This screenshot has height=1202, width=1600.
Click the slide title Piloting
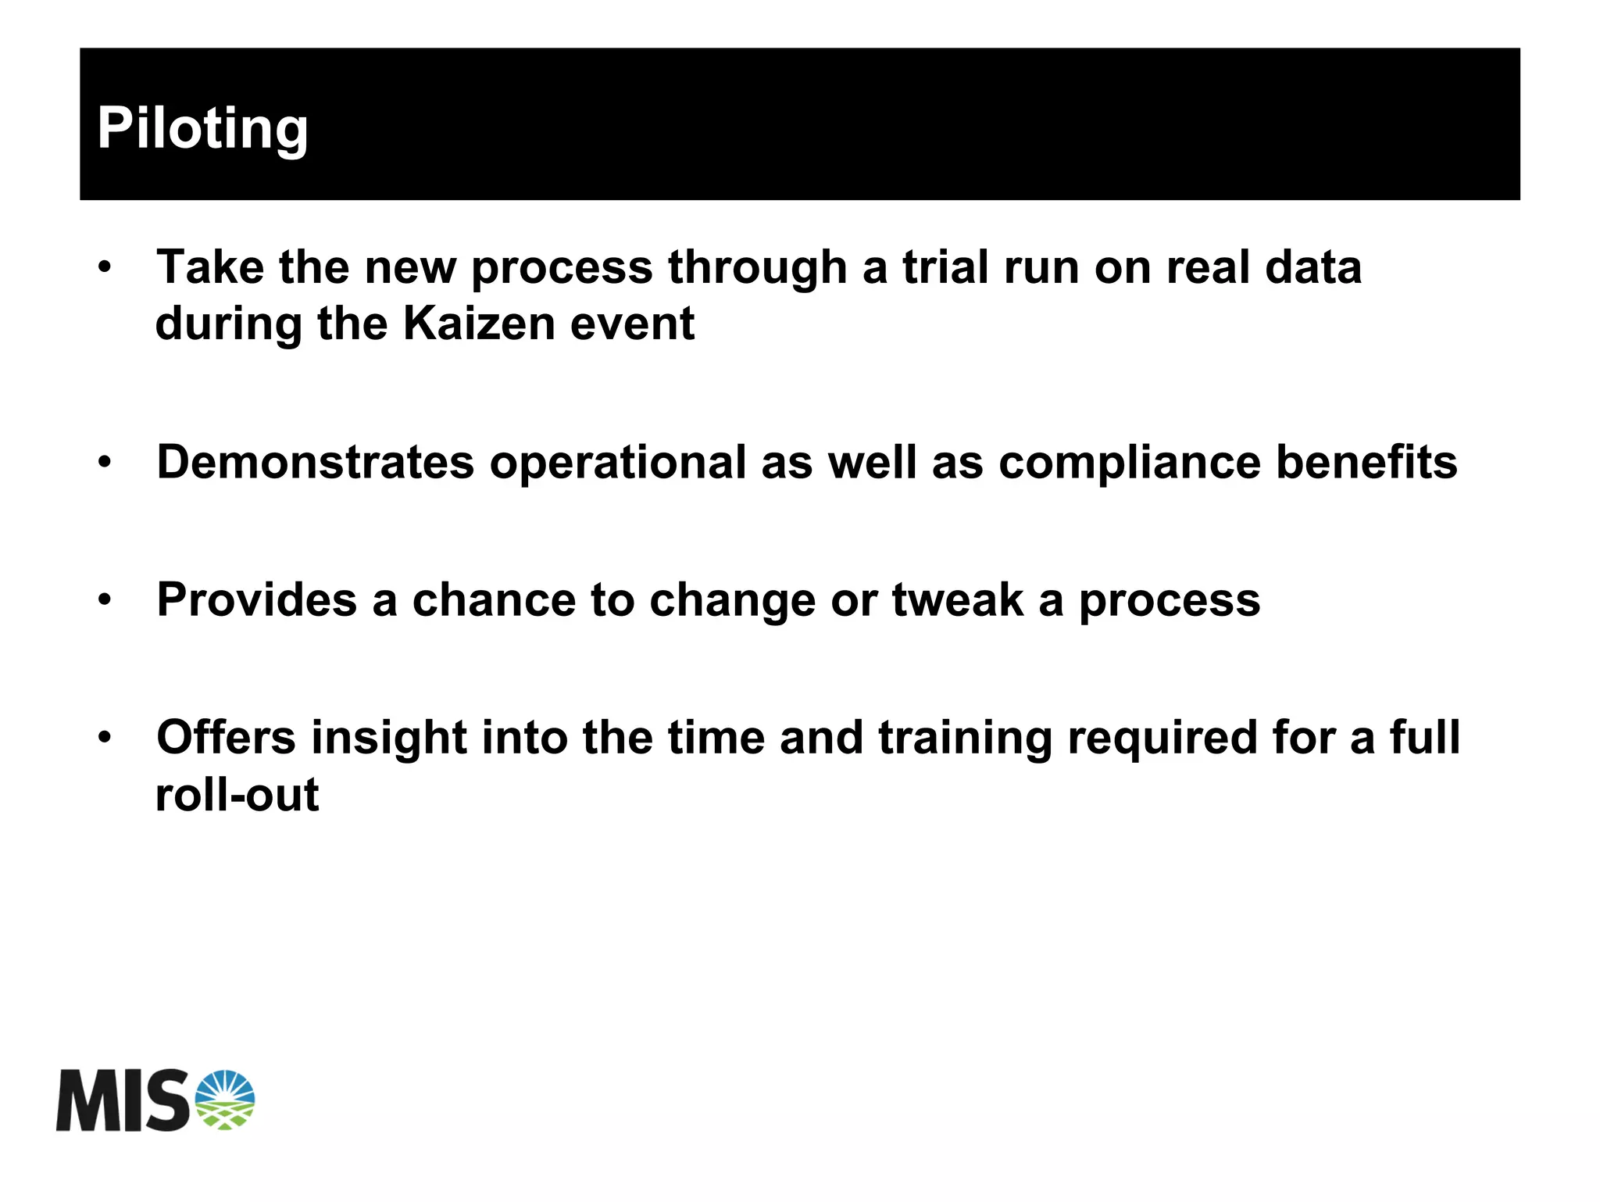[x=202, y=129]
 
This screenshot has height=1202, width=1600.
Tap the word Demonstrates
[x=315, y=462]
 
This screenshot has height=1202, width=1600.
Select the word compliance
[x=1129, y=462]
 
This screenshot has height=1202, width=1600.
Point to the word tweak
[x=957, y=600]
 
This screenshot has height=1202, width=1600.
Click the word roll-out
[x=237, y=796]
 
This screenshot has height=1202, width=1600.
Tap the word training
[x=965, y=739]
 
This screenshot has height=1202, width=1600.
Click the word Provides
[x=257, y=600]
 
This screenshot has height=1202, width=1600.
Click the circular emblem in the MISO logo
[x=225, y=1100]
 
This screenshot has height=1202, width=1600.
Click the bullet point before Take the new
[x=105, y=268]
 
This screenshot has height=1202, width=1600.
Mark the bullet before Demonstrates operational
[x=105, y=463]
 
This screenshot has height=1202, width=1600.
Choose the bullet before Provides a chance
[x=105, y=600]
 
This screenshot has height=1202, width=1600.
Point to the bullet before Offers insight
[x=105, y=737]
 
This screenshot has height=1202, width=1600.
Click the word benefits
[x=1366, y=462]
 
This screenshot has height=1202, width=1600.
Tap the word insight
[x=389, y=739]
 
